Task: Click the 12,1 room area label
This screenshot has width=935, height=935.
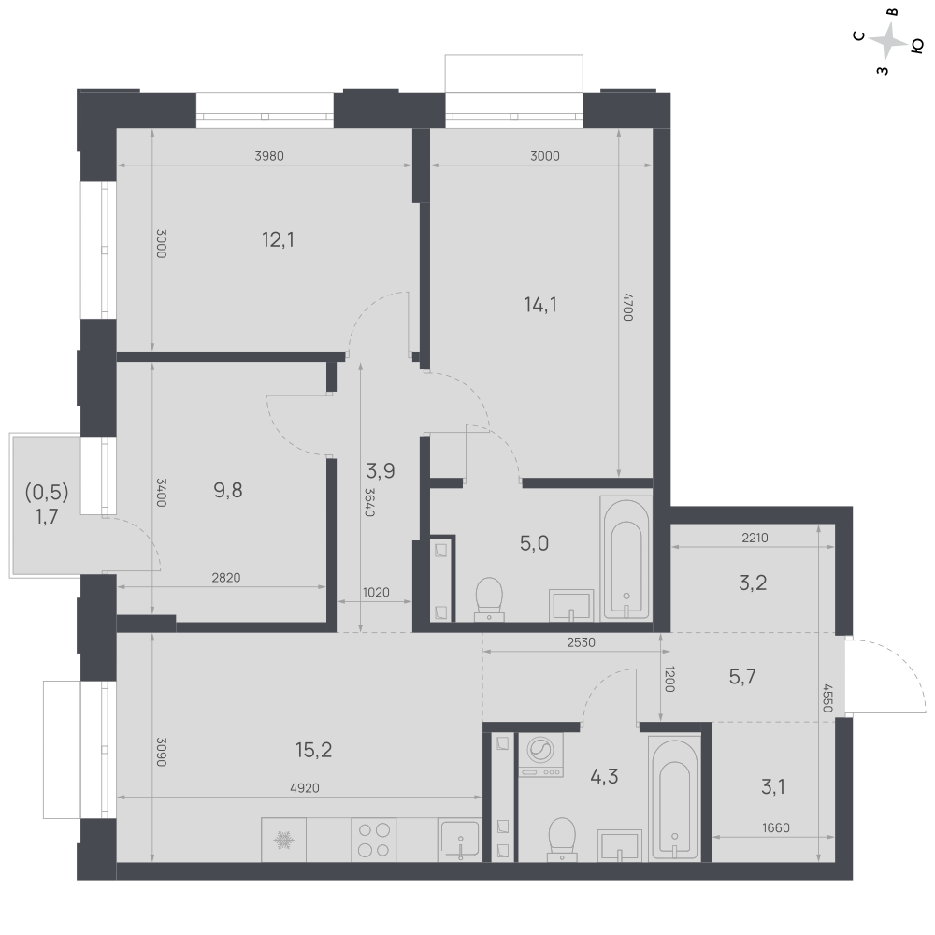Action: click(x=278, y=239)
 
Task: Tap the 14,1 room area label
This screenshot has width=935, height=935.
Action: click(x=540, y=305)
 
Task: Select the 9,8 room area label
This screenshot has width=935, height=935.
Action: click(x=228, y=490)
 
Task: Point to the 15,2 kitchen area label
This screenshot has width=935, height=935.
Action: click(x=313, y=750)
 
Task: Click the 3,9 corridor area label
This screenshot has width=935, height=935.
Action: click(x=381, y=471)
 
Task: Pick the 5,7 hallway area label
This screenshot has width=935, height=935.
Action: click(x=742, y=676)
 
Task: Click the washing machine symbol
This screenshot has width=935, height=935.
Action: click(x=540, y=755)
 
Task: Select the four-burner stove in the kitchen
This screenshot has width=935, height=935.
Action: click(x=374, y=840)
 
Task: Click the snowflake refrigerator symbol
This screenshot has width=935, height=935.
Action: click(x=284, y=841)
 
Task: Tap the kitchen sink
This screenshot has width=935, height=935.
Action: click(x=459, y=840)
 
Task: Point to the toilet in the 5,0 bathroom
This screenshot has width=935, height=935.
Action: click(x=490, y=598)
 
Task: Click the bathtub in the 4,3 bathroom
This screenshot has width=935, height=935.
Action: click(x=674, y=798)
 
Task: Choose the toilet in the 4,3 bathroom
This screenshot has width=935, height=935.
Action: click(x=562, y=839)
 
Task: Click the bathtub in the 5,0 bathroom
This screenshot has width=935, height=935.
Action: click(x=626, y=557)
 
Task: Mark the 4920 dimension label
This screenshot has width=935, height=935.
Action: click(x=305, y=788)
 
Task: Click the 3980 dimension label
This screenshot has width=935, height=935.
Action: click(x=269, y=156)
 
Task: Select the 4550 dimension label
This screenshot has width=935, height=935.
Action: click(x=827, y=698)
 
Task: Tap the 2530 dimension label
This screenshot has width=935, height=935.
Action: click(x=581, y=643)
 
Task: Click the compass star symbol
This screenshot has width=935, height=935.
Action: click(x=888, y=41)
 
